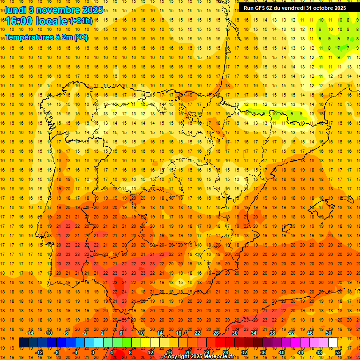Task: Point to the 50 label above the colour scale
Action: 329,333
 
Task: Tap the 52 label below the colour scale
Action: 338,352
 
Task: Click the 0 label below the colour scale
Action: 93,352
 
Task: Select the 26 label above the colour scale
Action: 216,333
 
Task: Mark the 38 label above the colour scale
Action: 272,333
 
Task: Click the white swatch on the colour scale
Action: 333,343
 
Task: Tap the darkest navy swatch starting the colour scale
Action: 23,343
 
